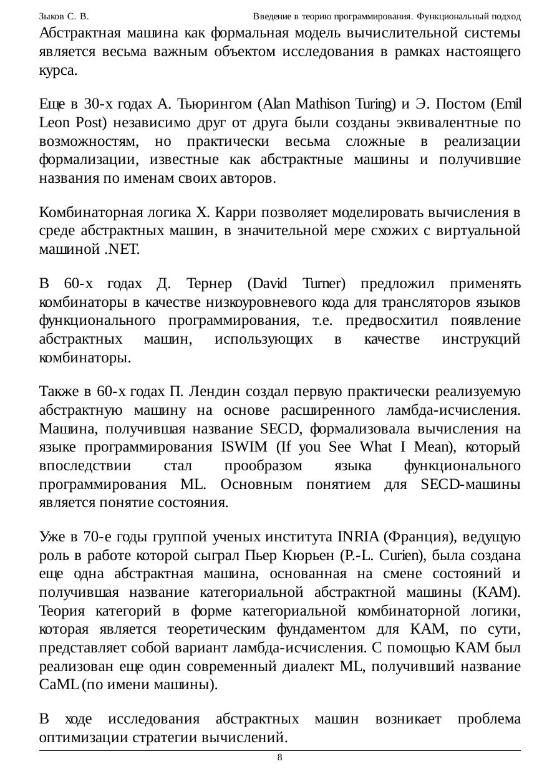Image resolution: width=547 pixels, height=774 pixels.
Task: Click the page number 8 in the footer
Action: (279, 758)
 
